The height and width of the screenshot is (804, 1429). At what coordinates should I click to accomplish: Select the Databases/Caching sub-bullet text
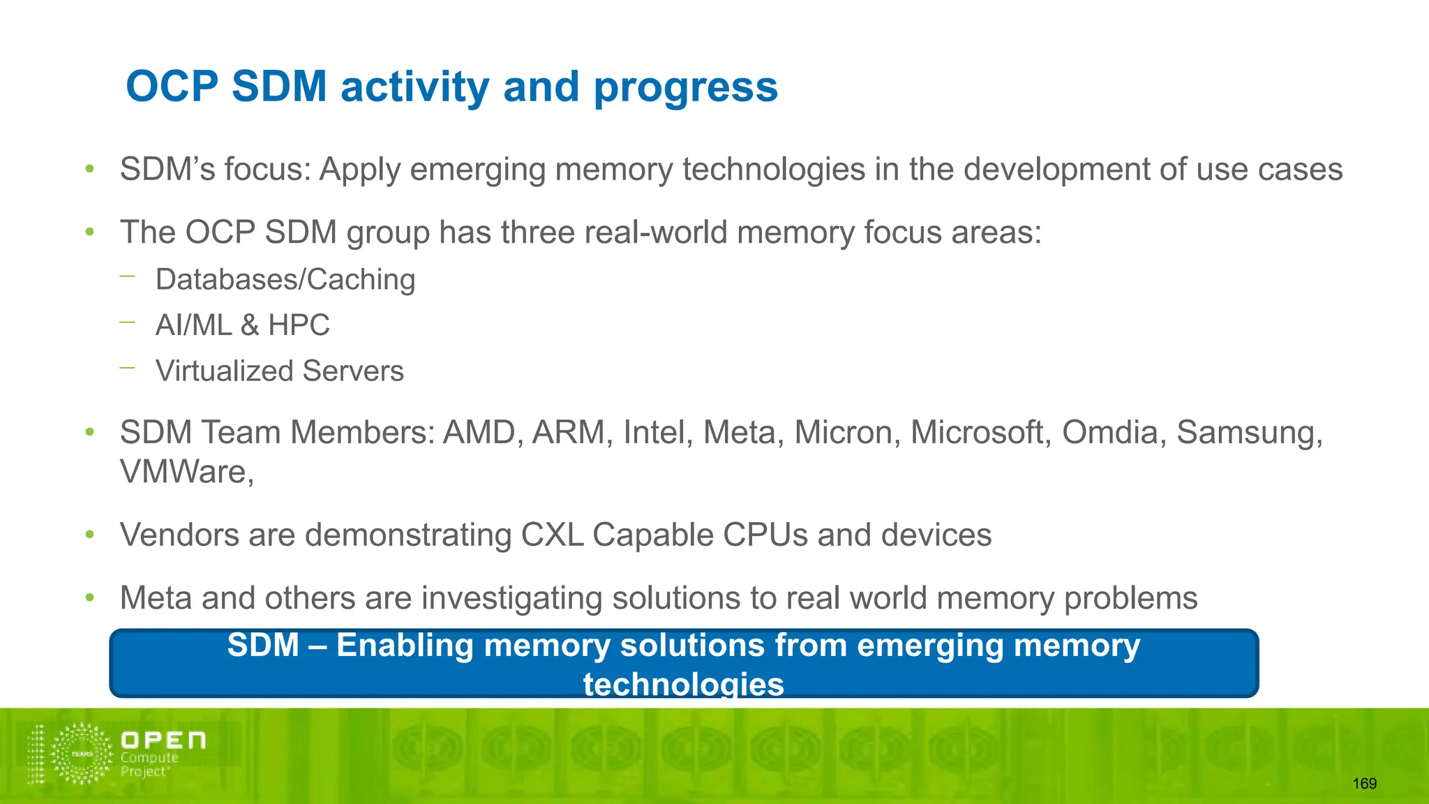pyautogui.click(x=285, y=279)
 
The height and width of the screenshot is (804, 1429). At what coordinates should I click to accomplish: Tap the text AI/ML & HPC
pyautogui.click(x=242, y=325)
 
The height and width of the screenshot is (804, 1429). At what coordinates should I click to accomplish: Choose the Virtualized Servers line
pyautogui.click(x=279, y=371)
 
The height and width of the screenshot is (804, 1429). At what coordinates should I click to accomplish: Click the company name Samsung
pyautogui.click(x=1249, y=433)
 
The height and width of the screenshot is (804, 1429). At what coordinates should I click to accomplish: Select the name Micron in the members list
pyautogui.click(x=844, y=433)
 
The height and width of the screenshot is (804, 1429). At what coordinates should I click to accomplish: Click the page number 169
pyautogui.click(x=1364, y=784)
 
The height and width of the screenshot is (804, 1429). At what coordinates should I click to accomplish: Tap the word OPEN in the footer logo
pyautogui.click(x=163, y=740)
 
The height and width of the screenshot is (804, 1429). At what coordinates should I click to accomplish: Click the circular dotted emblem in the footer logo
pyautogui.click(x=82, y=754)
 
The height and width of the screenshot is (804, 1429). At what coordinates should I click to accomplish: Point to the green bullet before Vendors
pyautogui.click(x=89, y=535)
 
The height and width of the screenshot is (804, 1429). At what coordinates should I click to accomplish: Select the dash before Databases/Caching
pyautogui.click(x=127, y=276)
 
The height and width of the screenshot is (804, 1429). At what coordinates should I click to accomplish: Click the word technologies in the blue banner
pyautogui.click(x=683, y=684)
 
